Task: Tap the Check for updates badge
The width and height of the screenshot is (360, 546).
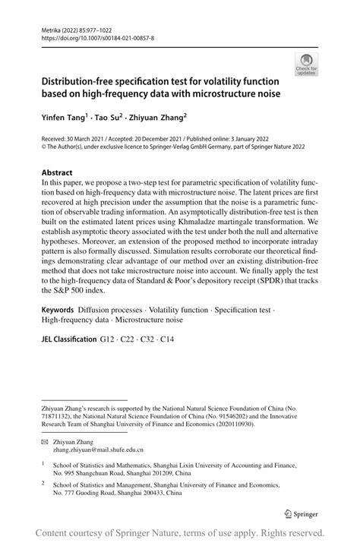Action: point(307,65)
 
